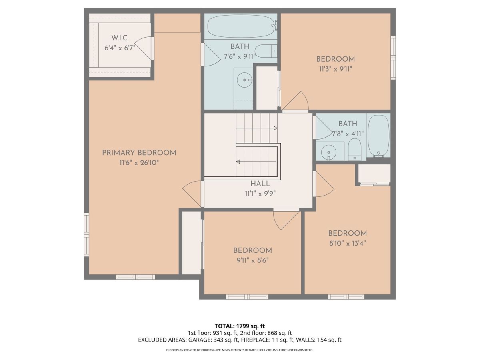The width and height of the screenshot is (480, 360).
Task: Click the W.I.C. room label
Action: (120, 38)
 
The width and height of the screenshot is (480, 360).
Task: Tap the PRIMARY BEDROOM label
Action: (139, 153)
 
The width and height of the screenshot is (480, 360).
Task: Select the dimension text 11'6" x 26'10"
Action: (139, 163)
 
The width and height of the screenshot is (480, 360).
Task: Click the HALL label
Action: (260, 184)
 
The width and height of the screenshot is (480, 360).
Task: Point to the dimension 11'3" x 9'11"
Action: (336, 69)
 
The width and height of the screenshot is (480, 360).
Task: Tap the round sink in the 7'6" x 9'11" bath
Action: (245, 80)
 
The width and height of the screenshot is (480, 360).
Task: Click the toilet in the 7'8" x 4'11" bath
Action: (354, 150)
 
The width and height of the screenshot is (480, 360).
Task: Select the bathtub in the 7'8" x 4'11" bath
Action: (379, 136)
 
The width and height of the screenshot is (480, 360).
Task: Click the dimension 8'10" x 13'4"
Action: (348, 244)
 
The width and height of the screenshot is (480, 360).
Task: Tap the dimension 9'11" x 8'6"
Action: (252, 260)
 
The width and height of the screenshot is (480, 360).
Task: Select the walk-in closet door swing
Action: (143, 48)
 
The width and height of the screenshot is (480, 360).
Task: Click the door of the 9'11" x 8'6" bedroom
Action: (286, 219)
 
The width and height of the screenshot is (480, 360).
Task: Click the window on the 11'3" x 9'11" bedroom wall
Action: (393, 58)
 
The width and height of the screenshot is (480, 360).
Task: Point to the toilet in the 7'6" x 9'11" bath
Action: (266, 51)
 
